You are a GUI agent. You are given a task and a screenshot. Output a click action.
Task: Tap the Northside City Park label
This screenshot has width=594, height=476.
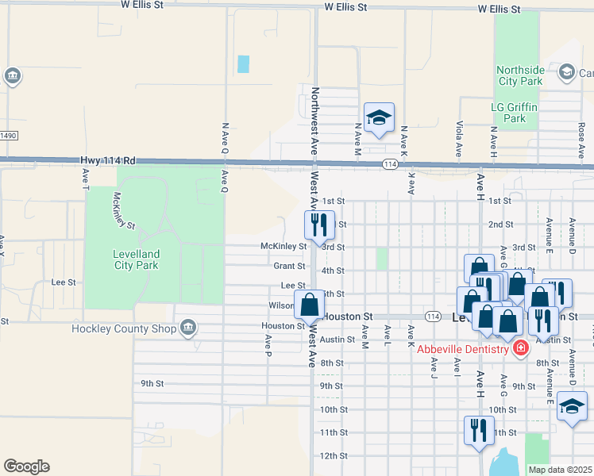click(x=520, y=75)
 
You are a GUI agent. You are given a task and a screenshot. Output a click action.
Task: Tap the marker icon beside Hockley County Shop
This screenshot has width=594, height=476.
click(x=189, y=327)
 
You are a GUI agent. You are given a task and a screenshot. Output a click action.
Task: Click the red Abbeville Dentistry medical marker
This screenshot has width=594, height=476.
click(x=521, y=348)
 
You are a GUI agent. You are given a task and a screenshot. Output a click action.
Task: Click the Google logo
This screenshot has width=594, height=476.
click(x=26, y=466)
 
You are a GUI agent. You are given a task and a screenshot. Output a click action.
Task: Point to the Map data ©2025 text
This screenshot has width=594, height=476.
click(x=560, y=470)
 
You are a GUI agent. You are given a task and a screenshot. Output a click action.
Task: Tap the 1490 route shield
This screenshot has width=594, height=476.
click(x=7, y=136)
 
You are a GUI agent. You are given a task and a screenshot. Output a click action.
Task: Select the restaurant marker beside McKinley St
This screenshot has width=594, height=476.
click(x=319, y=225)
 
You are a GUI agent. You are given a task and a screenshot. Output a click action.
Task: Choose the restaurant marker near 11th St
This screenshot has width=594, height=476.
click(x=479, y=431)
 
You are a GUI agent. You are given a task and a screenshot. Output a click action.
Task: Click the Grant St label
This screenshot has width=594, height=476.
click(x=290, y=267)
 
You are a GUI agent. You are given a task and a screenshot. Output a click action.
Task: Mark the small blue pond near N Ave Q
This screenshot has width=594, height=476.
click(x=243, y=63)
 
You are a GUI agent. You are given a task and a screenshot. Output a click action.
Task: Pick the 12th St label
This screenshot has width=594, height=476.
click(x=334, y=455)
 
